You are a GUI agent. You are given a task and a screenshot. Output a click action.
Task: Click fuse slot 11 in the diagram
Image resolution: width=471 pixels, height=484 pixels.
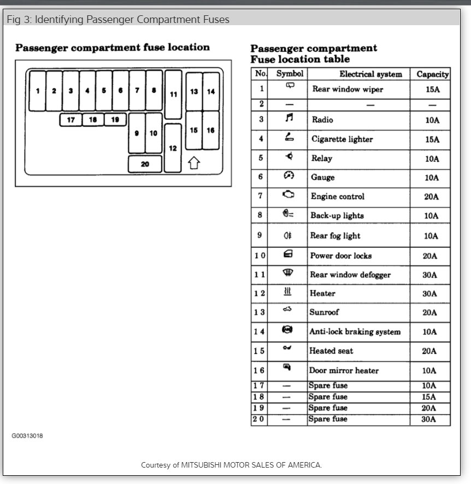[173, 94]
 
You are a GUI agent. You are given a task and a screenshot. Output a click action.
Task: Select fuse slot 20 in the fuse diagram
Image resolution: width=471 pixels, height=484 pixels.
[145, 164]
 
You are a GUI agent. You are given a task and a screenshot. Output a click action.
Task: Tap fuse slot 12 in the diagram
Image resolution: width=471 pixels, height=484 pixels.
[173, 148]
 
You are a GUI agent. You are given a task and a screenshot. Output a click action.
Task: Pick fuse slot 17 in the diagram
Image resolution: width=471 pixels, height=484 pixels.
[70, 119]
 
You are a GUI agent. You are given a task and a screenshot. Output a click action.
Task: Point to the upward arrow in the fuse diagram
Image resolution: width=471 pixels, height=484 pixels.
[193, 163]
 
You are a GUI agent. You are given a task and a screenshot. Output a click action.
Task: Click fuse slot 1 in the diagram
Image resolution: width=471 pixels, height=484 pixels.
[38, 91]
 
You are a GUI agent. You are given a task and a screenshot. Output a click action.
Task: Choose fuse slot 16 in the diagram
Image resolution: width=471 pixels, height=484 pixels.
[211, 130]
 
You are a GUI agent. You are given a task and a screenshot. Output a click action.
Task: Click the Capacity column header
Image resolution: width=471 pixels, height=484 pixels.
[432, 74]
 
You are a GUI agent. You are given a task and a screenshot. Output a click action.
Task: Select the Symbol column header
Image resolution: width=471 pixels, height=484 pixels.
[290, 74]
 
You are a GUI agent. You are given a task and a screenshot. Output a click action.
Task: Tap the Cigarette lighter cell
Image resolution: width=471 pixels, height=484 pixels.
[342, 139]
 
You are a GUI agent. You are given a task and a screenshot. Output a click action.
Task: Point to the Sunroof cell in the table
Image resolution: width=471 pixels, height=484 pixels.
[325, 312]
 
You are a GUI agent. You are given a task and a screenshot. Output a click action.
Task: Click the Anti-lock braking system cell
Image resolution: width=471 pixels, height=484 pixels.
[355, 331]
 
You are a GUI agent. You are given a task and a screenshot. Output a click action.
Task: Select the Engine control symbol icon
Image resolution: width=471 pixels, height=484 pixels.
[288, 195]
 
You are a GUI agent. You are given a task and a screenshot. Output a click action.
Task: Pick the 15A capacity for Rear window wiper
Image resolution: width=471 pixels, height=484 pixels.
[432, 89]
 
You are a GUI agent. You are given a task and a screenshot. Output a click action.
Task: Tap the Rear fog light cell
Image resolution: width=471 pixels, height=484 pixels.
[335, 236]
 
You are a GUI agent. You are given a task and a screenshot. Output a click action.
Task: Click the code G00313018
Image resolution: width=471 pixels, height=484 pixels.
[27, 436]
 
